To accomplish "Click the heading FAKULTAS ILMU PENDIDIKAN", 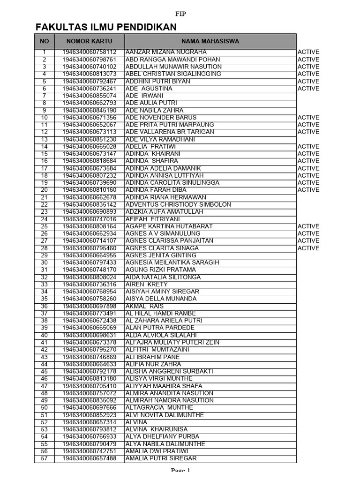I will (106, 27).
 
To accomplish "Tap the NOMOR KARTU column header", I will (89, 41).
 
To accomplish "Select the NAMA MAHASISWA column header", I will (210, 41).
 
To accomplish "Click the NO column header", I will (44, 41).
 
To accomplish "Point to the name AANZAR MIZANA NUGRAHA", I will (166, 52).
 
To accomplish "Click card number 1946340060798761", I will (89, 60).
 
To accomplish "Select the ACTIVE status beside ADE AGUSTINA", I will (308, 89).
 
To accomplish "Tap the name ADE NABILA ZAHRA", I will (155, 110).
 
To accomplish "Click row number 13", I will (45, 139).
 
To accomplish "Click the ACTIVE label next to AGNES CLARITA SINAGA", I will (308, 248).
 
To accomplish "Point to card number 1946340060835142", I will (89, 204).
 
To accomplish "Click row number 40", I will (45, 335).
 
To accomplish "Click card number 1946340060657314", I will (89, 422).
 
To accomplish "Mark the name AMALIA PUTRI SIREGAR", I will (161, 458).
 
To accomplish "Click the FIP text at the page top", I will (180, 14).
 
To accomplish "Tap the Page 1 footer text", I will (180, 471).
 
